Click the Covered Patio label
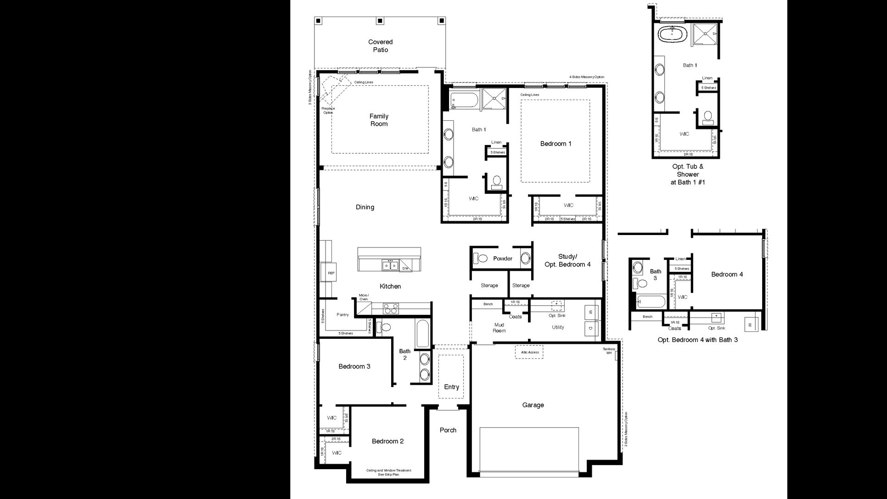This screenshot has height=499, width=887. coord(380,46)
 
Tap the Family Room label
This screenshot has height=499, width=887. coord(379,120)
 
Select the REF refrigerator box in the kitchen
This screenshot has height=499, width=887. coord(331,273)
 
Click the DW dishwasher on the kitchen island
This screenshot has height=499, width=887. coord(405,268)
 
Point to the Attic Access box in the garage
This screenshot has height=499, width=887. coord(529,352)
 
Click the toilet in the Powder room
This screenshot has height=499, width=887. coord(480,258)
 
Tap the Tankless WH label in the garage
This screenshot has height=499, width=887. coord(609,351)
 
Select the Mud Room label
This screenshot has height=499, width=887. coord(499,328)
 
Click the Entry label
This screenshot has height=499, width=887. coord(451,387)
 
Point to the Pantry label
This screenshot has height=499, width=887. coord(342,314)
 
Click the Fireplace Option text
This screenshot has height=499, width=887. coord(328,111)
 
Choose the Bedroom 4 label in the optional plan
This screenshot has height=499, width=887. coord(727,275)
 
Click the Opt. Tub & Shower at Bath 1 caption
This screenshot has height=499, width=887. coord(687,174)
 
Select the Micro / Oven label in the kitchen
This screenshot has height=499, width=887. coord(364,297)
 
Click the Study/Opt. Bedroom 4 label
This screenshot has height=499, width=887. coord(567,260)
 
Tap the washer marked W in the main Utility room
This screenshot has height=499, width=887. coord(591,313)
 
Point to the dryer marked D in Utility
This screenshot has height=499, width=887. coord(591,328)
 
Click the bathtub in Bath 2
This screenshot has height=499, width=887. coord(422,334)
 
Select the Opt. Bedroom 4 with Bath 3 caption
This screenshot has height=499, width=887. coord(697,340)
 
